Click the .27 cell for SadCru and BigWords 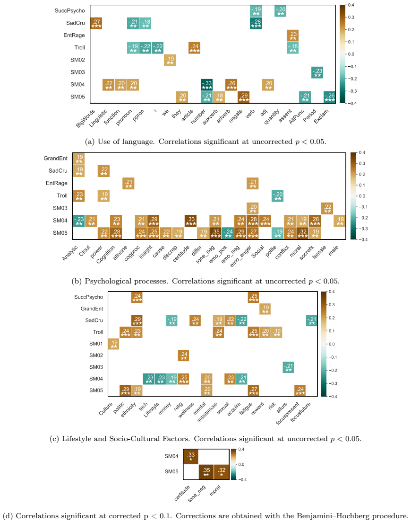point(96,23)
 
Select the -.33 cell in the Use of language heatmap point(206,85)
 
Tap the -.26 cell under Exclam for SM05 point(329,97)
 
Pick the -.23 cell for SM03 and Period point(317,72)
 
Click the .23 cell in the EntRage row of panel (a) point(292,35)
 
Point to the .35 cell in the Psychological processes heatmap point(215,233)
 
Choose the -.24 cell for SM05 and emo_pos point(228,233)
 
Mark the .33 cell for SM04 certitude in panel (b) point(191,221)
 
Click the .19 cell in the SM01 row point(114,344)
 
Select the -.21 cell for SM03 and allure point(288,367)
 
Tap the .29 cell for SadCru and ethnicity point(137,320)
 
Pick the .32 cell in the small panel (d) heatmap point(221,472)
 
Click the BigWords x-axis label point(85,118)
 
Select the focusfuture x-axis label point(300,412)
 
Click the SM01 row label point(96,344)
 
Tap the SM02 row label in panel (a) point(77,60)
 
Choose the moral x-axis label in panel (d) point(215,490)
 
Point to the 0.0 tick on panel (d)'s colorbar point(241,464)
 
